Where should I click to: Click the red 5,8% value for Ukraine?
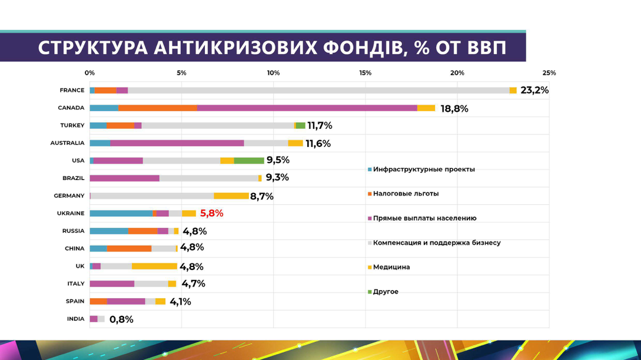(x=212, y=214)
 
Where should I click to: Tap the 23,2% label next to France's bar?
(x=534, y=90)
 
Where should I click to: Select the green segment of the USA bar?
(x=249, y=161)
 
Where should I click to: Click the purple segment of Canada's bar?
(x=307, y=108)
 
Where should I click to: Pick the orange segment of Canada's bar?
(x=158, y=108)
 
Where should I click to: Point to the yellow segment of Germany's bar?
(x=231, y=196)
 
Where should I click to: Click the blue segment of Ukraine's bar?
(x=121, y=214)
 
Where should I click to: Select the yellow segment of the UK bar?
(x=154, y=266)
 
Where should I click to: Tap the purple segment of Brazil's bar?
(x=124, y=178)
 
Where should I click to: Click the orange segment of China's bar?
(x=129, y=248)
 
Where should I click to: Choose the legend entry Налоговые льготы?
(x=406, y=194)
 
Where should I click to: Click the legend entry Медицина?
(x=391, y=267)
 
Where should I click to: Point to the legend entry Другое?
(x=386, y=292)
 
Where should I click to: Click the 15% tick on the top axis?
(x=365, y=73)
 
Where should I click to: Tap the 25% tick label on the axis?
(x=549, y=73)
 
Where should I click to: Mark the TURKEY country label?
(x=72, y=125)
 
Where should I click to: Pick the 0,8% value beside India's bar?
(x=121, y=319)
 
